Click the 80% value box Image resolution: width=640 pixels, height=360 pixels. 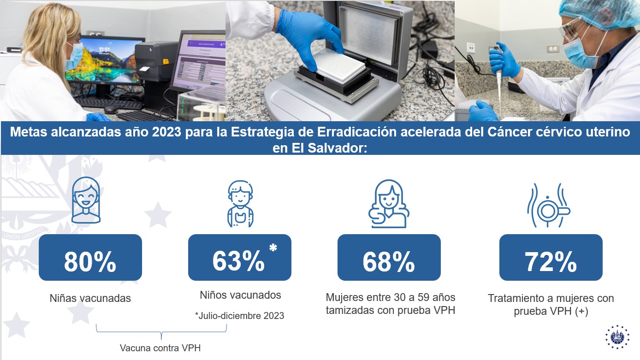pyautogui.click(x=90, y=257)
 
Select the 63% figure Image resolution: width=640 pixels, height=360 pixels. pyautogui.click(x=238, y=261)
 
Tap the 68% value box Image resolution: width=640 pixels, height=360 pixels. pyautogui.click(x=389, y=257)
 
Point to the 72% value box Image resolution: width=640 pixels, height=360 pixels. pyautogui.click(x=551, y=257)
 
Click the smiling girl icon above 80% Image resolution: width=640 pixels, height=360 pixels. pyautogui.click(x=86, y=200)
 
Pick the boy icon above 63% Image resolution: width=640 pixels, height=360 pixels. pyautogui.click(x=240, y=203)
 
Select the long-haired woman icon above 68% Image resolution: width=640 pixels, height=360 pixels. pyautogui.click(x=389, y=203)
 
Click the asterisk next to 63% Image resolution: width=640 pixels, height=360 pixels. pyautogui.click(x=273, y=248)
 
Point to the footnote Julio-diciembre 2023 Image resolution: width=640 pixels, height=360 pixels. pyautogui.click(x=239, y=316)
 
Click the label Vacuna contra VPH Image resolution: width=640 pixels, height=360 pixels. pyautogui.click(x=160, y=348)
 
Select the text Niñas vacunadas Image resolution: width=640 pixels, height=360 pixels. pyautogui.click(x=90, y=298)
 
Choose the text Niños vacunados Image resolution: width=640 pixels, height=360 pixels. pyautogui.click(x=240, y=295)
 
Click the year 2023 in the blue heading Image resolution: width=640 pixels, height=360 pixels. pyautogui.click(x=166, y=132)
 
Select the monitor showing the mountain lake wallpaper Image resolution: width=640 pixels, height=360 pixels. pyautogui.click(x=105, y=60)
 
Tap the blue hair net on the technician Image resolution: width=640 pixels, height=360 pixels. pyautogui.click(x=599, y=13)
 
